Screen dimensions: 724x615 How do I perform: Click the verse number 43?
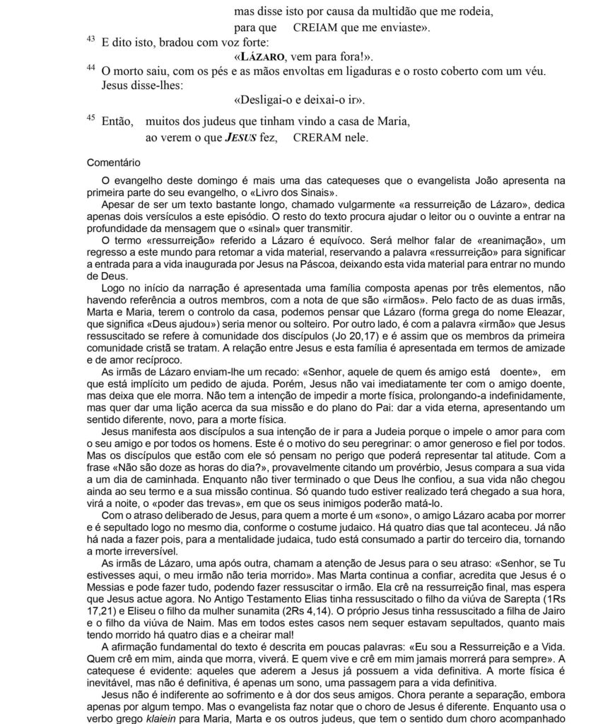tap(90, 40)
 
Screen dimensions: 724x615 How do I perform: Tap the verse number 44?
tap(90, 68)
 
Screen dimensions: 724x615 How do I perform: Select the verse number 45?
tap(90, 117)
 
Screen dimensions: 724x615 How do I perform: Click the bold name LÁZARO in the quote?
tap(263, 56)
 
